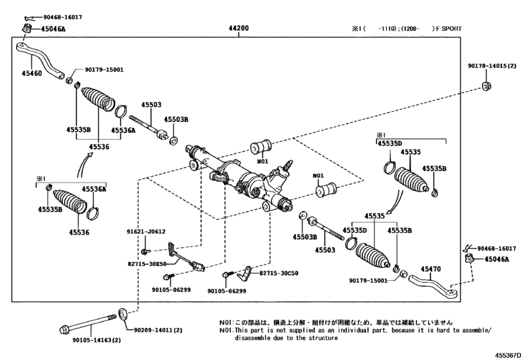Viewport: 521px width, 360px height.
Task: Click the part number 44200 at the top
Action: pyautogui.click(x=238, y=28)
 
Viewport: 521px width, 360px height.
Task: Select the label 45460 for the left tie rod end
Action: pyautogui.click(x=32, y=73)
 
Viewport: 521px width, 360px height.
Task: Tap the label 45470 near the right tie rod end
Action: pyautogui.click(x=430, y=269)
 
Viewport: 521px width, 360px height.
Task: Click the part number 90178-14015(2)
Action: pyautogui.click(x=492, y=66)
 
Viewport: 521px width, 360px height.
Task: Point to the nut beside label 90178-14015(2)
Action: pyautogui.click(x=487, y=86)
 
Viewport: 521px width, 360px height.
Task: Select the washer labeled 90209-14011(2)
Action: pyautogui.click(x=123, y=314)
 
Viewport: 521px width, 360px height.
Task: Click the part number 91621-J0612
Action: pyautogui.click(x=146, y=231)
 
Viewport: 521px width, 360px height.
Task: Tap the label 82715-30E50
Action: pyautogui.click(x=147, y=264)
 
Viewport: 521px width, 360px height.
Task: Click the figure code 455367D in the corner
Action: pyautogui.click(x=508, y=355)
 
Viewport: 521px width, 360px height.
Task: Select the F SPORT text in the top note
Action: pyautogui.click(x=449, y=28)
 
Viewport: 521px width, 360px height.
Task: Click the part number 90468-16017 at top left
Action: pyautogui.click(x=63, y=17)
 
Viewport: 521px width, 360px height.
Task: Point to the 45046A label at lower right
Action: pyautogui.click(x=497, y=259)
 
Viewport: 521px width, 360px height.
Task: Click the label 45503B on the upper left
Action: pyautogui.click(x=176, y=120)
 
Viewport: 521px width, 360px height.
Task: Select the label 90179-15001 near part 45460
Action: pyautogui.click(x=104, y=69)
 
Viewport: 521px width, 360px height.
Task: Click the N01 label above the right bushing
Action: pyautogui.click(x=318, y=175)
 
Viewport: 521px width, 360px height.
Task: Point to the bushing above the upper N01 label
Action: pyautogui.click(x=261, y=147)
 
